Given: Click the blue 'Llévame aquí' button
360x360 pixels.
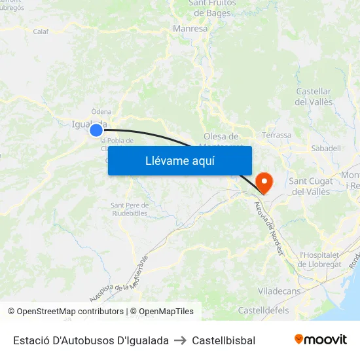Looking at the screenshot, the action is coord(179,160).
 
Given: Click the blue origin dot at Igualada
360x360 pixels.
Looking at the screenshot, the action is coord(96,130).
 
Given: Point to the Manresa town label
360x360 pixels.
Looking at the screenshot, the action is coord(190,29).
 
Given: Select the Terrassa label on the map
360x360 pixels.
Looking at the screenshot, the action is coord(276,135).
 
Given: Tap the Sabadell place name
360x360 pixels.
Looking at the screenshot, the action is coord(326,149).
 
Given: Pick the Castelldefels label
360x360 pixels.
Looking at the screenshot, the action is coord(263,310).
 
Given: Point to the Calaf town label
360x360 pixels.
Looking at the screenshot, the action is coord(41,31).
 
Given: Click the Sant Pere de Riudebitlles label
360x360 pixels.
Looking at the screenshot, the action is coord(130,209).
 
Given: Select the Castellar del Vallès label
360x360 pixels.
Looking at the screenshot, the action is coord(314,97).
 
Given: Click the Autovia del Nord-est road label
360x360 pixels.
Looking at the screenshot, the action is coord(268,229).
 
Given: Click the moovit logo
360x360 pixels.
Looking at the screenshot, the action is coord(320,340).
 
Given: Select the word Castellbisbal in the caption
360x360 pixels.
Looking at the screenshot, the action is coord(223,340).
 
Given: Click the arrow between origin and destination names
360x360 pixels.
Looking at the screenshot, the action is coord(180,340).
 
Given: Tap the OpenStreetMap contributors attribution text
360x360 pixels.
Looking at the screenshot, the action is coord(66,312).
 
